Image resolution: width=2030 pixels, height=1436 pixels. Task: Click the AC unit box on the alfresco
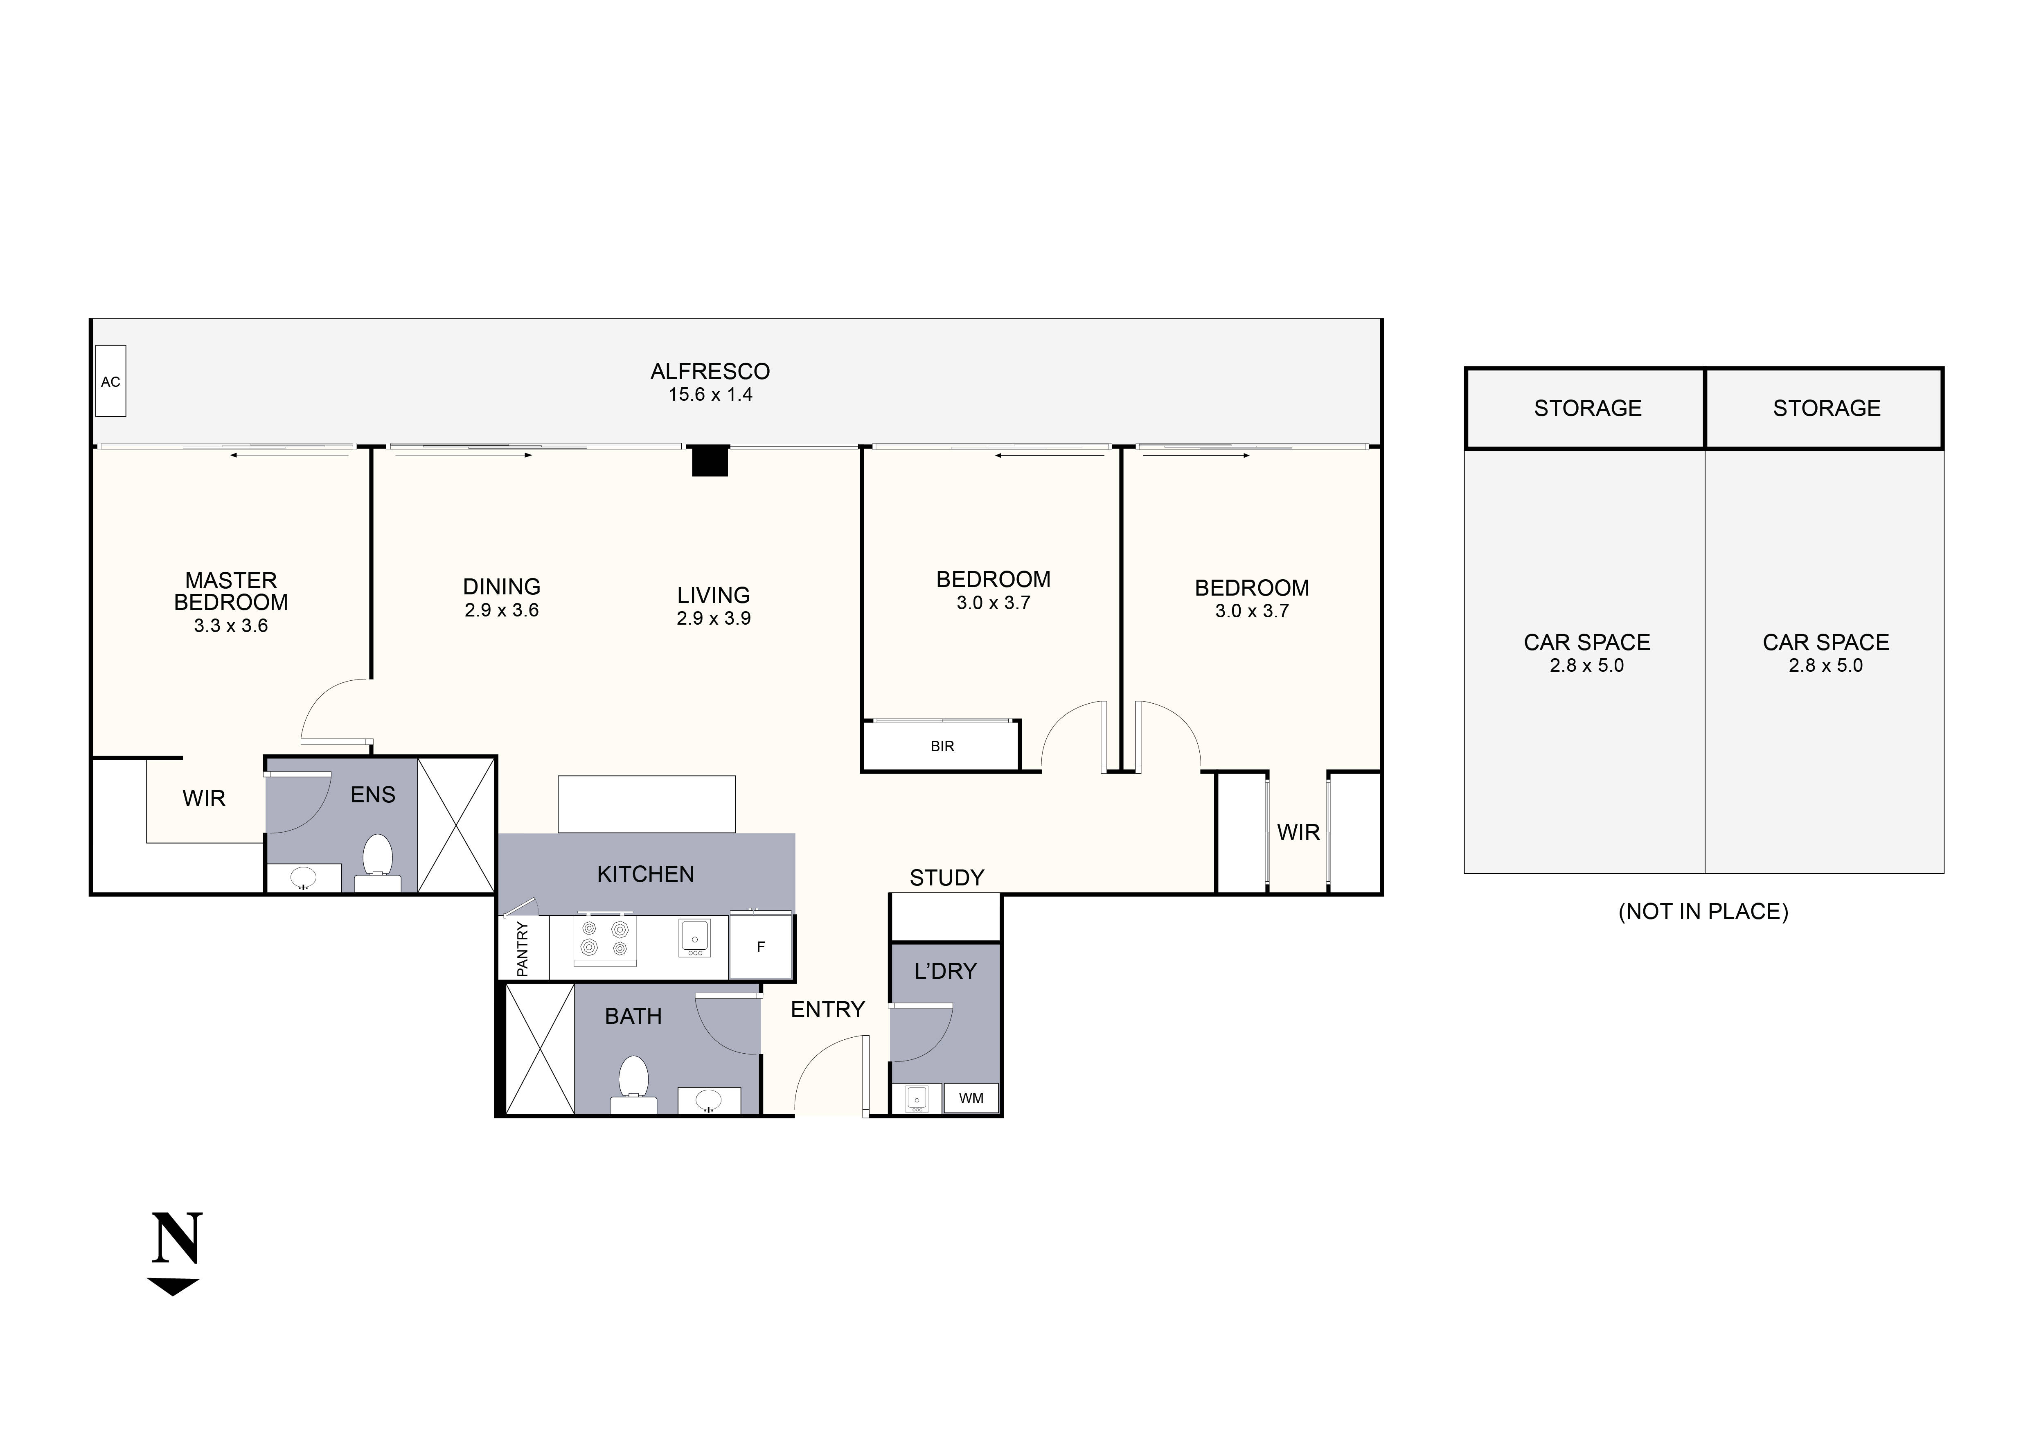click(x=110, y=381)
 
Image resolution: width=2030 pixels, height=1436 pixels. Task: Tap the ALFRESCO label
click(x=710, y=371)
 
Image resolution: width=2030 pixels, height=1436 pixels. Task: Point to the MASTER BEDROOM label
click(x=231, y=592)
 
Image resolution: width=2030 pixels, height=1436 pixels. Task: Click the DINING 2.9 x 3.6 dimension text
click(x=501, y=610)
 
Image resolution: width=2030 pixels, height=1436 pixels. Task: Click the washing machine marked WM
click(x=971, y=1098)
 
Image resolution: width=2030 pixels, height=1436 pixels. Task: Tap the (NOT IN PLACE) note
click(x=1703, y=912)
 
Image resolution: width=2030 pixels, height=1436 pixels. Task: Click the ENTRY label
click(x=827, y=1010)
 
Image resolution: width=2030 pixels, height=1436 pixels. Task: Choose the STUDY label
click(x=946, y=878)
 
